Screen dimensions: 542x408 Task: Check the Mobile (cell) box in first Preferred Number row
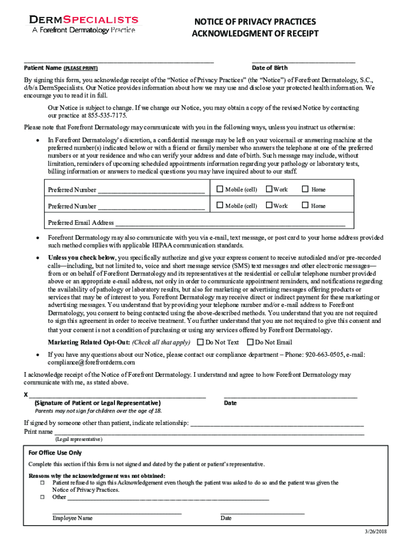[220, 189]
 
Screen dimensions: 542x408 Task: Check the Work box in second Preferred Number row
[269, 205]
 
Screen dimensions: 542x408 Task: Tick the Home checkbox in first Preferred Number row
[305, 189]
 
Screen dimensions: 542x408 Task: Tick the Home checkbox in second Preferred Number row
[305, 205]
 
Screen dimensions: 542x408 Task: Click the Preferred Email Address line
[233, 223]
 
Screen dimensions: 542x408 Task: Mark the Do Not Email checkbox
[251, 342]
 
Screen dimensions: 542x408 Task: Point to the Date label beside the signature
[230, 403]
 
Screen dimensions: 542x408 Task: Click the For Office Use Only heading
[55, 453]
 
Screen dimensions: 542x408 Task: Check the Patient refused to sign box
[42, 483]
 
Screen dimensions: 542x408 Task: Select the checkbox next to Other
[42, 497]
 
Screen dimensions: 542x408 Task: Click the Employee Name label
[73, 518]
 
